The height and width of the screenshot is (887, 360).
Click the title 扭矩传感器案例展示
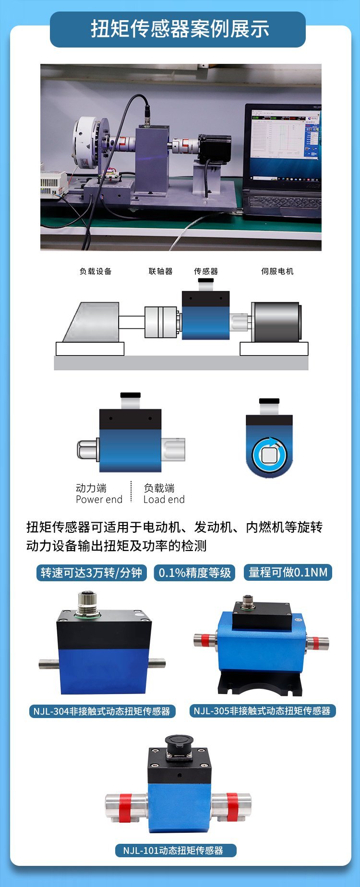click(x=180, y=29)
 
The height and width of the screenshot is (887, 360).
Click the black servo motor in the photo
click(x=215, y=149)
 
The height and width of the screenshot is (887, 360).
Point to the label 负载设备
click(x=96, y=271)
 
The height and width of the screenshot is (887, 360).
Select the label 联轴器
click(x=160, y=271)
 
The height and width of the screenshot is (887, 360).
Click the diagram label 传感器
click(x=206, y=271)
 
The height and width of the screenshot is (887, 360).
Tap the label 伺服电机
click(x=277, y=271)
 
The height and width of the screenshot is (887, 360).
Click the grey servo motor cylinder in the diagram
click(x=276, y=322)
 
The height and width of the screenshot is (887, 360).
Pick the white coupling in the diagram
click(x=162, y=322)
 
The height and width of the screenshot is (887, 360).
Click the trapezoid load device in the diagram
click(x=92, y=322)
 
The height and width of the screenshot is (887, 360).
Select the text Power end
click(x=99, y=500)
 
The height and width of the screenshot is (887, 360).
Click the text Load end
click(x=164, y=500)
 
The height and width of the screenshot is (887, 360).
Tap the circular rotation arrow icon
click(x=269, y=454)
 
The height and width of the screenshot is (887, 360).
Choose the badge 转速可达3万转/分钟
click(x=91, y=573)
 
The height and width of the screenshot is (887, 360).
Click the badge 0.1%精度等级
click(x=194, y=573)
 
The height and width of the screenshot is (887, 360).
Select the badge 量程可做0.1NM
click(x=288, y=572)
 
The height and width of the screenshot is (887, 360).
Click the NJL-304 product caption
click(x=102, y=711)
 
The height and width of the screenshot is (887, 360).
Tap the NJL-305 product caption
click(x=263, y=711)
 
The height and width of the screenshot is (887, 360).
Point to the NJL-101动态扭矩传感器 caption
click(x=176, y=851)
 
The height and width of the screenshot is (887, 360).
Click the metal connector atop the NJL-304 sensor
click(x=87, y=603)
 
